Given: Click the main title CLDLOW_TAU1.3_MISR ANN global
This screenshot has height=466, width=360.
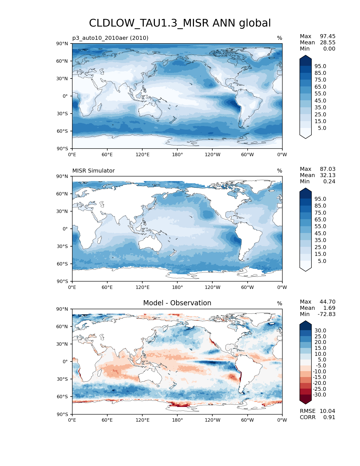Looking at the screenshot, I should [x=180, y=23].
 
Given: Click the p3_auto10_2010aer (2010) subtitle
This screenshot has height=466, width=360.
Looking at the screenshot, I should [x=110, y=38].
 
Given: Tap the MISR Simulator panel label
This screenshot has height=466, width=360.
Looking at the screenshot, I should [x=93, y=171].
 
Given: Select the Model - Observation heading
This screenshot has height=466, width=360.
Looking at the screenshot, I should [x=177, y=303].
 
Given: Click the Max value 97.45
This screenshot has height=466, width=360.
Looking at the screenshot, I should [x=328, y=36].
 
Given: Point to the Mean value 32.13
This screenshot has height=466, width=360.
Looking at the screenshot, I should [x=328, y=175].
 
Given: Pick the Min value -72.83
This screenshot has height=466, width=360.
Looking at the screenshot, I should [x=327, y=314].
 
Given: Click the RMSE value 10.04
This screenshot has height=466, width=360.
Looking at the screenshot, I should [x=327, y=411].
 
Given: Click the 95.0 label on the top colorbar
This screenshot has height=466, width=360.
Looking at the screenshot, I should [x=320, y=66].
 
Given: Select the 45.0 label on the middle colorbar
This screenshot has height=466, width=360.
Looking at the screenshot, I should [x=320, y=233].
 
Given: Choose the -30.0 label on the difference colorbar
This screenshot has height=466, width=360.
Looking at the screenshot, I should [x=319, y=395].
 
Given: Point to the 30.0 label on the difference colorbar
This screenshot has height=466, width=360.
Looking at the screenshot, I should [x=320, y=330].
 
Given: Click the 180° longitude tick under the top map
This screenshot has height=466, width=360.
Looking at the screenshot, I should [x=177, y=154].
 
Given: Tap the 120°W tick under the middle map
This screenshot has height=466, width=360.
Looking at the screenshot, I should [x=212, y=287].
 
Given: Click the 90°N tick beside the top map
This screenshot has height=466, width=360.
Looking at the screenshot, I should [x=62, y=43].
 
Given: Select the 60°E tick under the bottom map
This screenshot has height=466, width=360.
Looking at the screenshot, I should [x=107, y=420].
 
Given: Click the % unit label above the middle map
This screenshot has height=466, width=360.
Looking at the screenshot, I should [x=280, y=171].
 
